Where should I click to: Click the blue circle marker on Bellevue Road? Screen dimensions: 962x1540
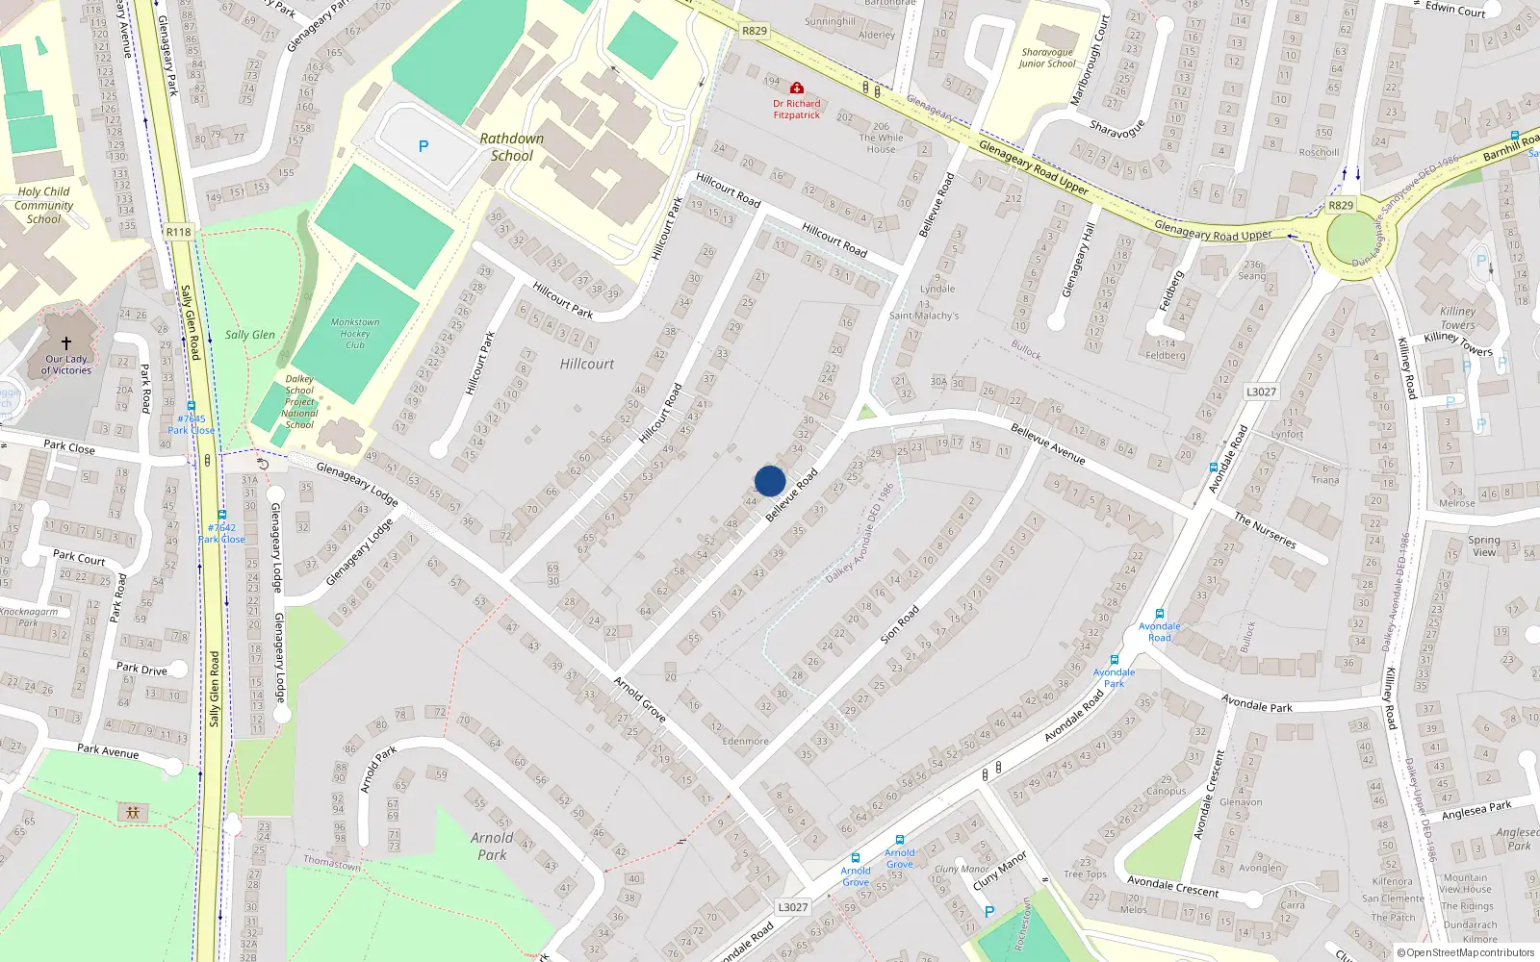(x=770, y=481)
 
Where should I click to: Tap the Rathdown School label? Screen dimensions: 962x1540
(x=512, y=147)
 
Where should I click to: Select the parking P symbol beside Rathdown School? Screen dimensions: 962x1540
(x=423, y=146)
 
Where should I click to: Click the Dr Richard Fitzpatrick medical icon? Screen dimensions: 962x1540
(x=796, y=89)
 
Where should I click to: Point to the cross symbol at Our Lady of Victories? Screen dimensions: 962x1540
(x=66, y=342)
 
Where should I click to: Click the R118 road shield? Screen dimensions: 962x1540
(x=178, y=232)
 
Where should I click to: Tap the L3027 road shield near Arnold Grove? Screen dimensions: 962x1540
(x=792, y=907)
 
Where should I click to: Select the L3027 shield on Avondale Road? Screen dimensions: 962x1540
(x=1261, y=392)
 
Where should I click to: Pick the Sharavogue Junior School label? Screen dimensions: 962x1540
(x=1047, y=59)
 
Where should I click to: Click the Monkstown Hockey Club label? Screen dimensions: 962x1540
(x=355, y=334)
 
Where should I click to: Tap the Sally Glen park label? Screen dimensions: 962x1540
(x=250, y=335)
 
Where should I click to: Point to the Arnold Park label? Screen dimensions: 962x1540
(x=492, y=846)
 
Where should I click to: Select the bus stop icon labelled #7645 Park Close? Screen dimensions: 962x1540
(x=191, y=407)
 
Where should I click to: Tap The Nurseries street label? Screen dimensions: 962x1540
(x=1265, y=531)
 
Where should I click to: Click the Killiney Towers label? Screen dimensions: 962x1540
(x=1457, y=317)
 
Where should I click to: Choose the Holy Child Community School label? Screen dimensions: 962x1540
(x=43, y=205)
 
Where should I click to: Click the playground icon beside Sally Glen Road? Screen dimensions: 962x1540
(x=133, y=813)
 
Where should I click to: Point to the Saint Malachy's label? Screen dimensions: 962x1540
(x=924, y=316)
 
